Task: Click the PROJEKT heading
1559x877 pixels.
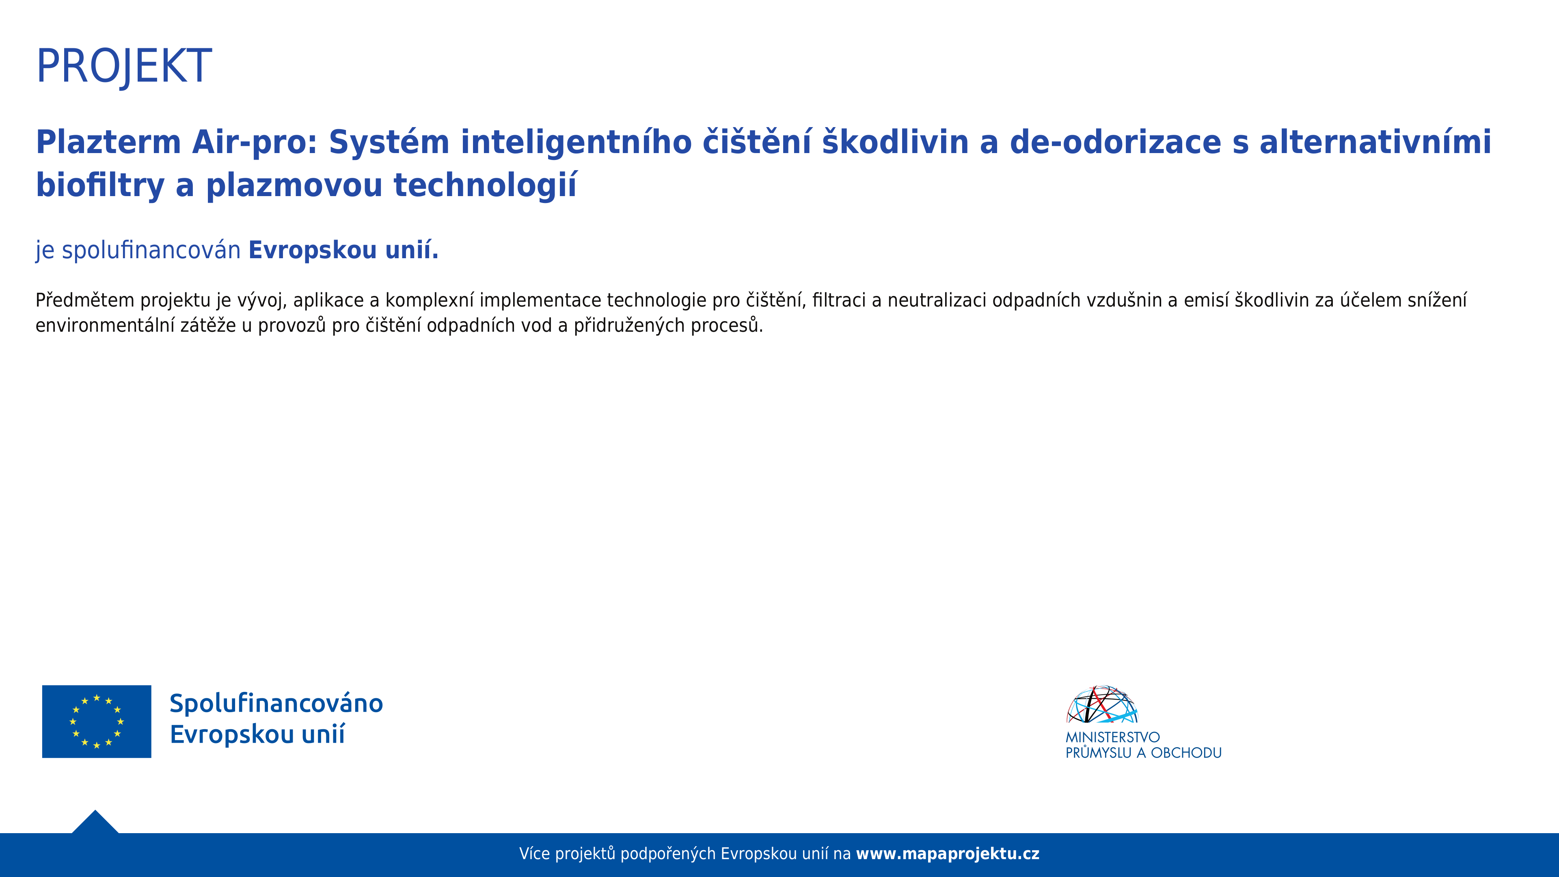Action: pos(124,66)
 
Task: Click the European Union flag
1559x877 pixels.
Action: pos(97,721)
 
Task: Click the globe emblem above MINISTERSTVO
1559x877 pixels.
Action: pos(1102,704)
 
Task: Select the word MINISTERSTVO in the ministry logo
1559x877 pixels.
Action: pos(1112,737)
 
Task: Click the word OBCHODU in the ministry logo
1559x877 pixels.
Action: pos(1186,753)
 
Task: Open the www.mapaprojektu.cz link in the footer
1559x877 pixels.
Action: pos(947,854)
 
